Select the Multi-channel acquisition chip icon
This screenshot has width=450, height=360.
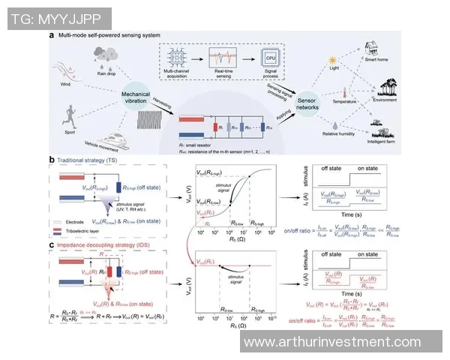click(x=178, y=58)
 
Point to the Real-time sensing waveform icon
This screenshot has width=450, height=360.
click(x=224, y=58)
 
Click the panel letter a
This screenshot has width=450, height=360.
click(x=51, y=34)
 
